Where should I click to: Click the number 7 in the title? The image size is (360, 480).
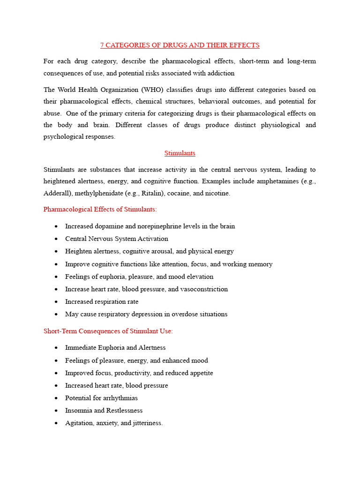(x=102, y=45)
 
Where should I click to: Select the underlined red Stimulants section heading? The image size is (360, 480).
(x=180, y=153)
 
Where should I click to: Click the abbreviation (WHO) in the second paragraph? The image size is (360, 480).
(x=151, y=90)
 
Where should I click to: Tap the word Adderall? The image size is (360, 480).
(x=57, y=194)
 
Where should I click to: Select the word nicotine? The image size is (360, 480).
(x=216, y=194)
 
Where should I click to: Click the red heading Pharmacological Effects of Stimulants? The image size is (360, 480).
(x=100, y=210)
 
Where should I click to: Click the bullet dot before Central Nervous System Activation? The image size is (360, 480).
(x=56, y=239)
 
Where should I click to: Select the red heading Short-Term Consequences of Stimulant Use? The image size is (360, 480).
(x=108, y=331)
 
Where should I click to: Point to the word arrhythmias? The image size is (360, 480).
(x=116, y=398)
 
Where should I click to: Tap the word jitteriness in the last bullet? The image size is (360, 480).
(x=145, y=423)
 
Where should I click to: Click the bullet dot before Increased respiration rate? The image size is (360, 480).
(x=56, y=302)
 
